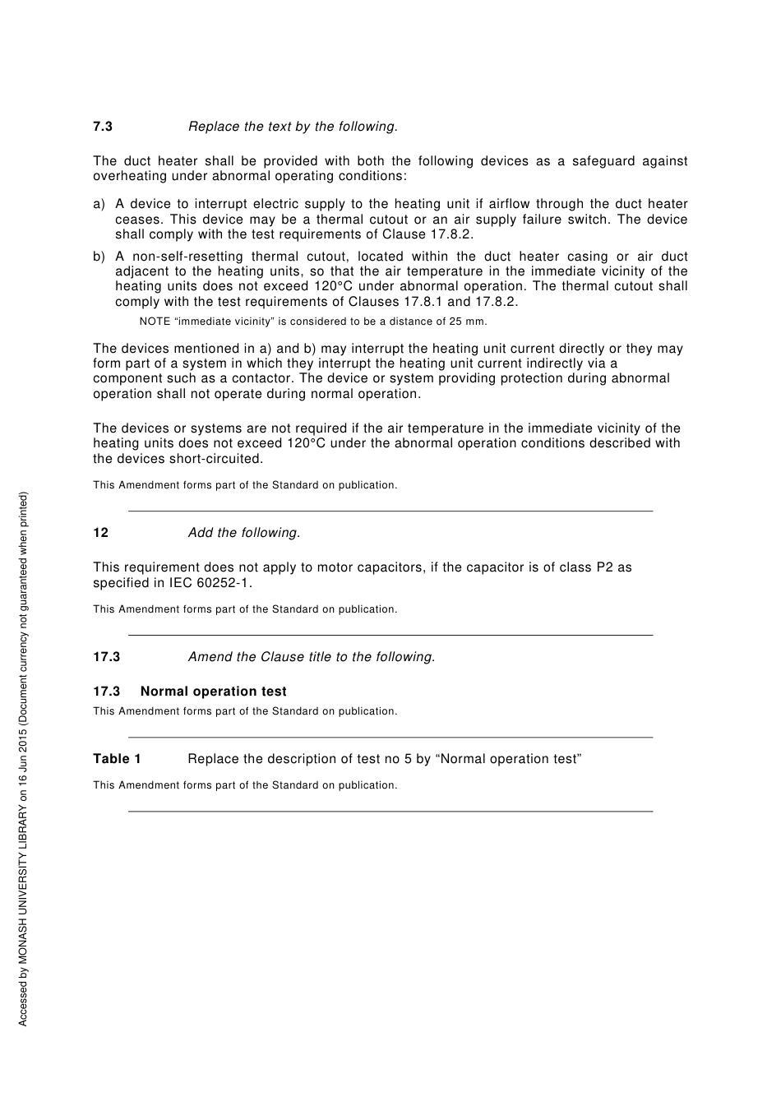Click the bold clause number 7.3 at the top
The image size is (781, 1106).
point(103,127)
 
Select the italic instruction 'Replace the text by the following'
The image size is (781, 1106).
point(293,127)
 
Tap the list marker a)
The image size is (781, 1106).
point(99,204)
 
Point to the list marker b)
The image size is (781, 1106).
point(99,257)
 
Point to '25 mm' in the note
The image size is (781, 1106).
point(470,322)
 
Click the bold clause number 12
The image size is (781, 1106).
point(100,533)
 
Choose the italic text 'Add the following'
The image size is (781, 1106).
point(243,533)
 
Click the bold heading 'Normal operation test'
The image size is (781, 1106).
point(213,692)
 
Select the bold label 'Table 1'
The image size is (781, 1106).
point(117,759)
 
